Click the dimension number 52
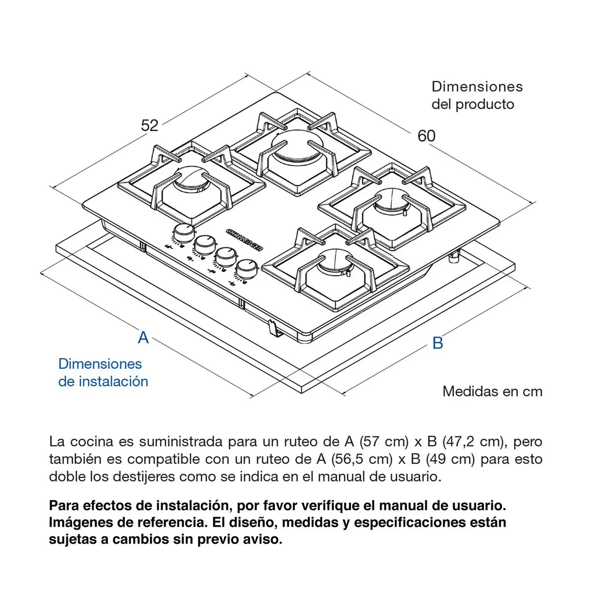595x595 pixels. click(149, 125)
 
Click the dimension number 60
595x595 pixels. click(426, 136)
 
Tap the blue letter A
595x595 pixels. click(143, 337)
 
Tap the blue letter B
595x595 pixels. click(437, 343)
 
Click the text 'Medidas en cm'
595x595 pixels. click(492, 391)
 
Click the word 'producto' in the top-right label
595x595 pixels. click(484, 104)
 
